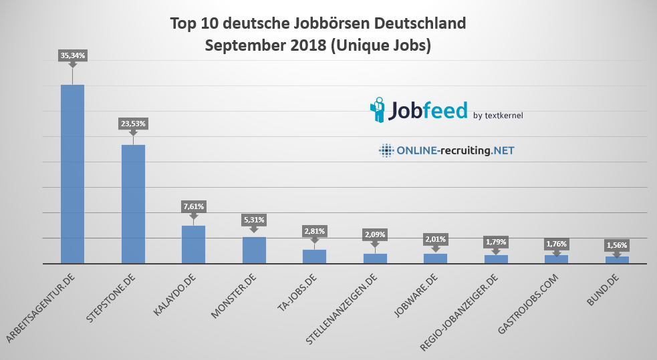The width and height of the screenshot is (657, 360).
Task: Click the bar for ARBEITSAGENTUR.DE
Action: pyautogui.click(x=72, y=174)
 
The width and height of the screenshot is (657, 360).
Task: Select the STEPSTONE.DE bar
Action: pyautogui.click(x=133, y=204)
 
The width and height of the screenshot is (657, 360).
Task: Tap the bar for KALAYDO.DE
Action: pyautogui.click(x=193, y=244)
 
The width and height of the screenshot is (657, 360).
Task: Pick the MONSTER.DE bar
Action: pyautogui.click(x=254, y=250)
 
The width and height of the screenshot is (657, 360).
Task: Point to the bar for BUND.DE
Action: pyautogui.click(x=617, y=260)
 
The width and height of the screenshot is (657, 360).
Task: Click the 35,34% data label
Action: pyautogui.click(x=73, y=56)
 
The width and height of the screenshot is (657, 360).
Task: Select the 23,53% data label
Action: pyautogui.click(x=133, y=124)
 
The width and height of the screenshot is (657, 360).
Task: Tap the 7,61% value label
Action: pyautogui.click(x=194, y=206)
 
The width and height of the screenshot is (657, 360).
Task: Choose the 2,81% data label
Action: pyautogui.click(x=315, y=231)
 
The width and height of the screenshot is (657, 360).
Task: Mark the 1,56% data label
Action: pyautogui.click(x=617, y=245)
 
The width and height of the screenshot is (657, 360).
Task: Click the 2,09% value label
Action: pyautogui.click(x=375, y=234)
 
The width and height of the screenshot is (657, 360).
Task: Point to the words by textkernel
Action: pyautogui.click(x=498, y=116)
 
